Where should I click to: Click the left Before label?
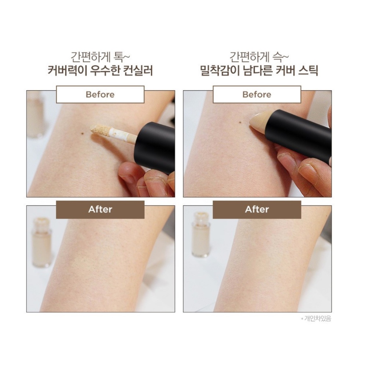coord(100,94)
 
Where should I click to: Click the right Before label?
coord(257,94)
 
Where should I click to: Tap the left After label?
coord(100,209)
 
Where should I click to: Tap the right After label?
coord(257,209)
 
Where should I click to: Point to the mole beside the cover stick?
coord(239,123)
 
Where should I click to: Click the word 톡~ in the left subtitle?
coord(122,57)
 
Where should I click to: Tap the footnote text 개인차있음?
coord(318,319)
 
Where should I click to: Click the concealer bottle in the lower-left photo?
coord(41,242)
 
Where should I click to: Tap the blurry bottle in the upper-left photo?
coord(36,115)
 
